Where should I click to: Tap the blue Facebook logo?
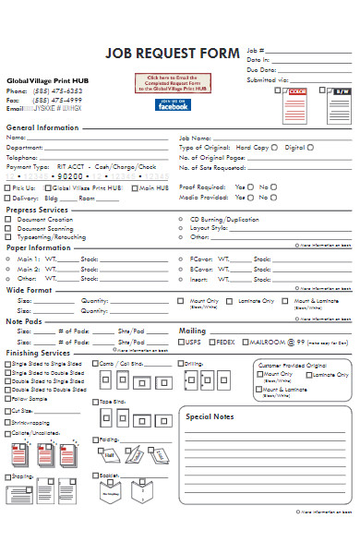[173, 105]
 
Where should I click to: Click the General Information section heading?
[42, 127]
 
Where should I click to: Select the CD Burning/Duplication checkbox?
[181, 219]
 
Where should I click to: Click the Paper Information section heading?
[40, 247]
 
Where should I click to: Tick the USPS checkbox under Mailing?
[182, 342]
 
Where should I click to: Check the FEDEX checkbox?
[210, 342]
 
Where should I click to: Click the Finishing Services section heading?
[39, 353]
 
